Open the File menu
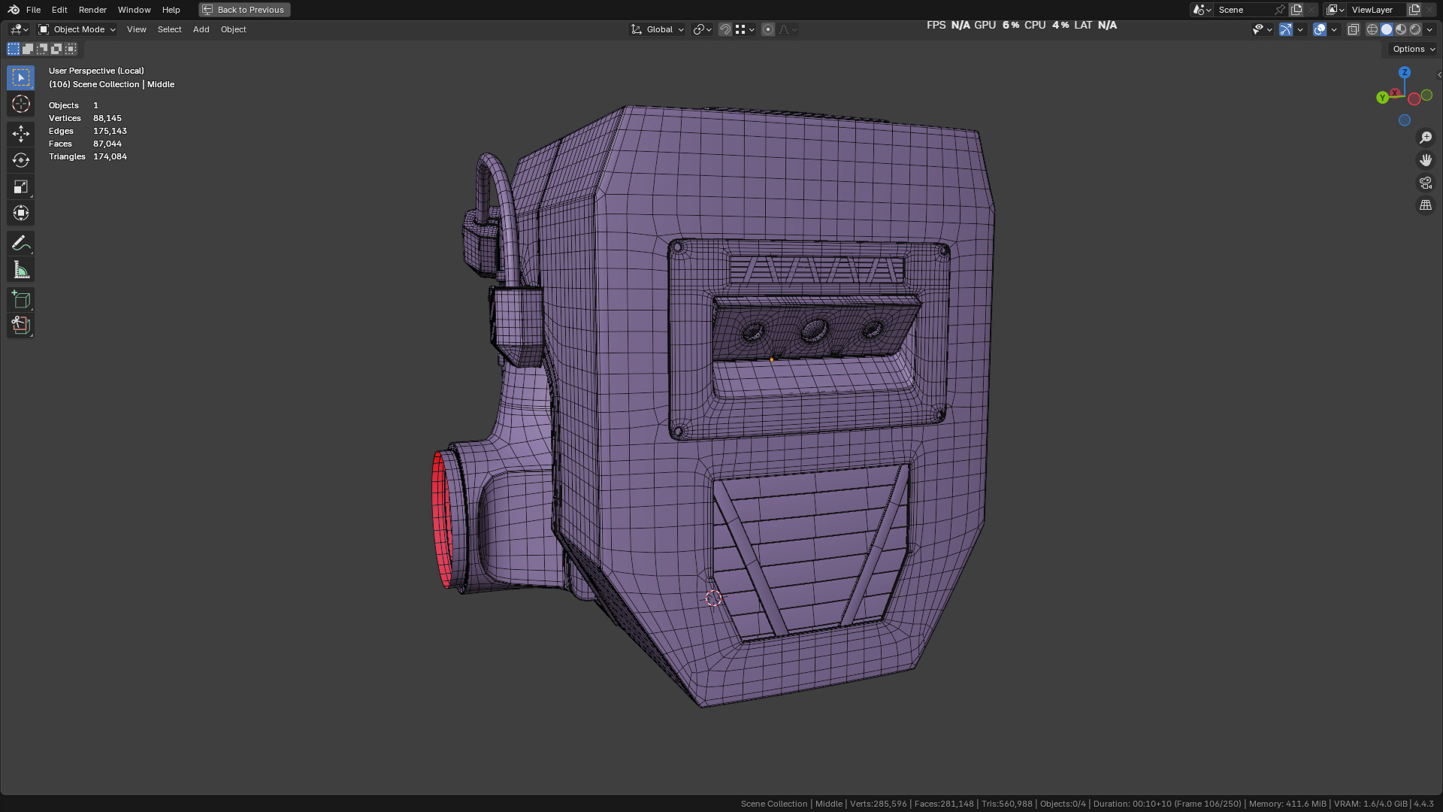click(x=33, y=10)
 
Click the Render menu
click(x=92, y=10)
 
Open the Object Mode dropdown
click(x=77, y=29)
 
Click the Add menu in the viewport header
click(x=201, y=29)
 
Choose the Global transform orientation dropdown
click(x=658, y=29)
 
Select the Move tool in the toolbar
click(x=21, y=134)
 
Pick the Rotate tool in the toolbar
click(x=21, y=160)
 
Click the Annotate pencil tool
click(x=21, y=243)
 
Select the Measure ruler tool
click(x=21, y=270)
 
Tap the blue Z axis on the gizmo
click(x=1405, y=72)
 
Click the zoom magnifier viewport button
click(x=1426, y=138)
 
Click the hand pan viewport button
click(x=1426, y=160)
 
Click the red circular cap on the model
click(x=441, y=519)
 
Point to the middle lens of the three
click(x=815, y=329)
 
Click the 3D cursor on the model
click(x=713, y=598)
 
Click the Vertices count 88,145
click(x=107, y=118)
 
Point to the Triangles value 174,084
click(x=110, y=156)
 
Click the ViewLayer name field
click(x=1372, y=10)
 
